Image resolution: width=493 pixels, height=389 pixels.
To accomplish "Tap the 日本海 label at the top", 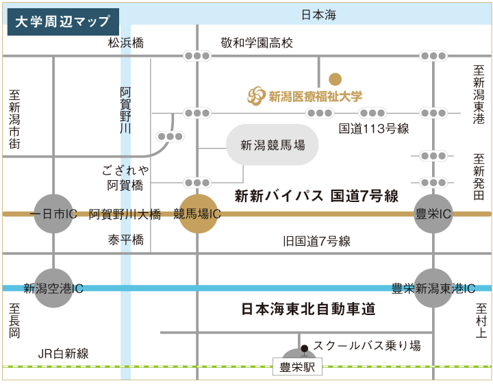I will tap(318, 15).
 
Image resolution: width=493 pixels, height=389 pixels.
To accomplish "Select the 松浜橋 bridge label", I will tap(126, 43).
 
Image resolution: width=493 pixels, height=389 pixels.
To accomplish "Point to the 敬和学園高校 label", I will tap(257, 43).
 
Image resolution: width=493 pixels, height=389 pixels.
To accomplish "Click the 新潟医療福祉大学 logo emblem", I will tap(256, 96).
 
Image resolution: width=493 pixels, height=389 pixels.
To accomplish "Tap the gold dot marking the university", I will tap(335, 79).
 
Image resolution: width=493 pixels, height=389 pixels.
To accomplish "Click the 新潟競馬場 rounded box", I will tap(272, 145).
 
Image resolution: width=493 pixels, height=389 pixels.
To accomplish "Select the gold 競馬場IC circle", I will tap(197, 214).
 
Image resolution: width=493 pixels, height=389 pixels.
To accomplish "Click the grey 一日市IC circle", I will tap(53, 214).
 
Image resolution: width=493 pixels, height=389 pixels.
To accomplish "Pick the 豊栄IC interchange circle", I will tap(433, 214).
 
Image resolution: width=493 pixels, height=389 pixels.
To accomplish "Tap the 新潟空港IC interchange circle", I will tap(53, 288).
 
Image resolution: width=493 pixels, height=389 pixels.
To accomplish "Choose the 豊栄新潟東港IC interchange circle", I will tap(433, 288).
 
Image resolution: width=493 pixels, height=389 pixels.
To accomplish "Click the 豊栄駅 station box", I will tap(296, 368).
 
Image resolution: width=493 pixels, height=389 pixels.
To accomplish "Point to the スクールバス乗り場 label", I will tap(366, 346).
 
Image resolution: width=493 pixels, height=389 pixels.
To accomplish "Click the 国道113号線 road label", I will tap(374, 128).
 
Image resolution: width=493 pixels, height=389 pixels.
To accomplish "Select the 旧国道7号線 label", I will tap(316, 241).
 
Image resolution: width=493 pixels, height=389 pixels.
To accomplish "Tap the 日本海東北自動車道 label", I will tap(309, 310).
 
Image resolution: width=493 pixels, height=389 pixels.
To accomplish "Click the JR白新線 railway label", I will tap(64, 353).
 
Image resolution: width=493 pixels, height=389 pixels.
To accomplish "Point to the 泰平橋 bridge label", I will tap(125, 240).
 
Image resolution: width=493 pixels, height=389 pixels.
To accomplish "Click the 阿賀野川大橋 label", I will tap(125, 214).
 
